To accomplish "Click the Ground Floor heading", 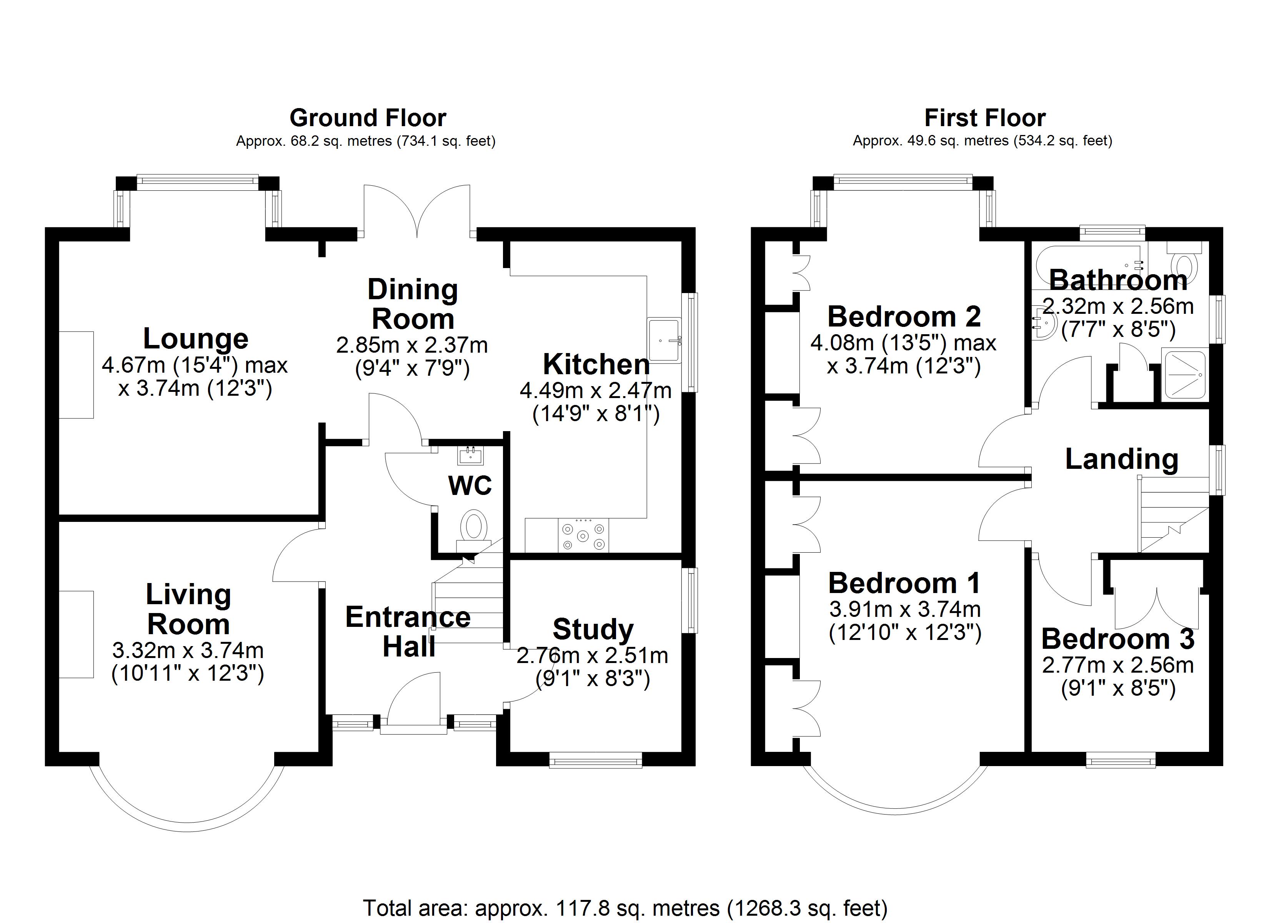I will coord(368,118).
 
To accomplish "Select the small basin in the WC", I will coord(470,456).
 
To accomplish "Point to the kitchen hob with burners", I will coord(583,535).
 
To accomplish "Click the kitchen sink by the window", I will coord(664,340).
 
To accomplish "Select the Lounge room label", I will coord(196,339).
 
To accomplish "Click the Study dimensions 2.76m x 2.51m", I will coord(592,655).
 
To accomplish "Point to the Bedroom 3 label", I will coord(1118,639).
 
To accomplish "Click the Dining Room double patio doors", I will coord(417,210).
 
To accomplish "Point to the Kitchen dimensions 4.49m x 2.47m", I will coord(595,390).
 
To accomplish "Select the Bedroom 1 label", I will coord(904,583).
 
